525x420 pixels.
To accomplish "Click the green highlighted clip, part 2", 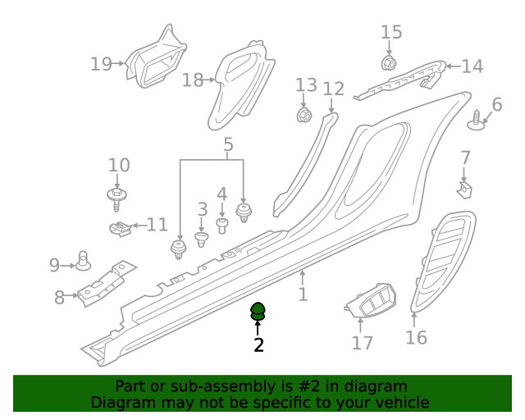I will pos(258,311).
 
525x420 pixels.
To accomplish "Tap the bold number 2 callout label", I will pos(258,345).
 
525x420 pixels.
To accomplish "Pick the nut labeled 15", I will pos(390,62).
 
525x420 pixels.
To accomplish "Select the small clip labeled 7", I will pos(465,189).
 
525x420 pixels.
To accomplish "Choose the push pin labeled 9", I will pos(83,262).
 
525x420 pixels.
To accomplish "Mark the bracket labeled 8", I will pos(103,282).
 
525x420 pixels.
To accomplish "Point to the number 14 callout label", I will pos(472,66).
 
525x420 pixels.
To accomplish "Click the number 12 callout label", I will pos(334,89).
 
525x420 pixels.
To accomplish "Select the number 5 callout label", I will pos(228,145).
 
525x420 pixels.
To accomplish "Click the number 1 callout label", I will pos(303,294).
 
